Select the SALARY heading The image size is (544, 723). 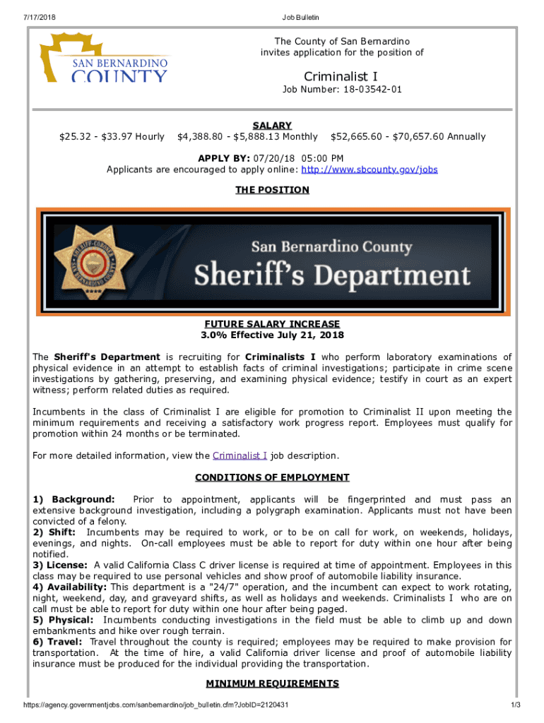tap(272, 126)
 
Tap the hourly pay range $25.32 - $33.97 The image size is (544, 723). tap(112, 136)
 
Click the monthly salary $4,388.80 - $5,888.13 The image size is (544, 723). tap(247, 136)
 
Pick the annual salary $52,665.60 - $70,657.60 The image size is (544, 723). tap(408, 136)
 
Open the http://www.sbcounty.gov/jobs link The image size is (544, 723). tap(369, 169)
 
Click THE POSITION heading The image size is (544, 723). tap(272, 190)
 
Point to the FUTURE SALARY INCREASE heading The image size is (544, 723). tap(272, 324)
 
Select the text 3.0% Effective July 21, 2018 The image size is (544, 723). tap(272, 335)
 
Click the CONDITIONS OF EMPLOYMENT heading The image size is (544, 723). tap(272, 477)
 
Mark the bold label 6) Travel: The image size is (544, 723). tap(58, 642)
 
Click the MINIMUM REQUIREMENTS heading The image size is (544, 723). tap(272, 683)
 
